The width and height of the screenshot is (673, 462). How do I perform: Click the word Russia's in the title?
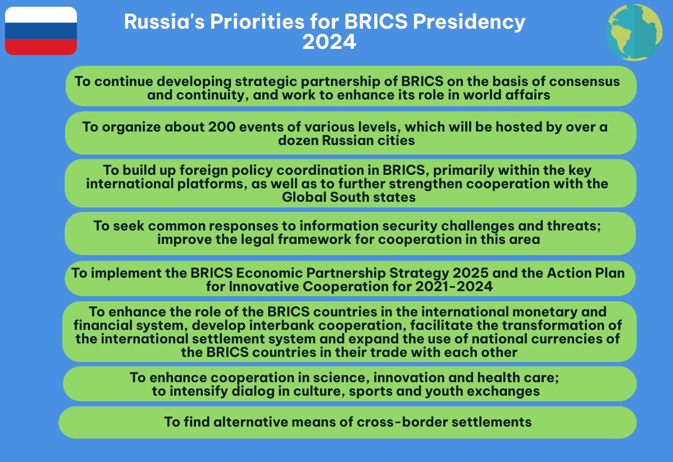tap(165, 21)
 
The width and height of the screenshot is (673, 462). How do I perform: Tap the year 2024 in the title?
tap(329, 42)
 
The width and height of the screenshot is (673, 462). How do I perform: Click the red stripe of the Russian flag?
tap(41, 47)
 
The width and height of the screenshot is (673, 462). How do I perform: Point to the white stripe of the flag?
tap(41, 15)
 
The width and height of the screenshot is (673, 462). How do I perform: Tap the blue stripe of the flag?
tap(41, 31)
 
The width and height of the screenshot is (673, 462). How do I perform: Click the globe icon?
tap(634, 32)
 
